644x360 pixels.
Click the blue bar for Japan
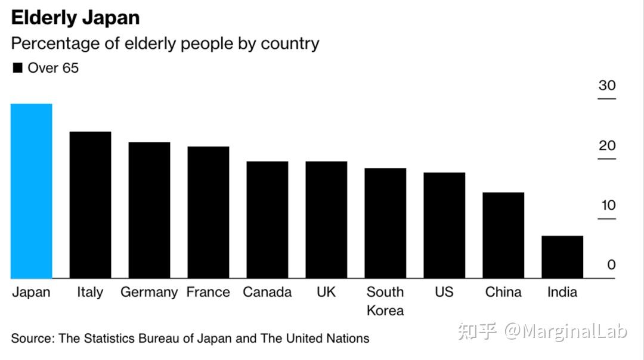(x=32, y=191)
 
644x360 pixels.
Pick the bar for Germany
(x=150, y=210)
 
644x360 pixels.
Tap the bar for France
(x=209, y=212)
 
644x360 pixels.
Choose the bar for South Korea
(x=385, y=223)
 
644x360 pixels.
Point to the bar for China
(x=503, y=235)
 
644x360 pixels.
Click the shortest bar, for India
(x=562, y=257)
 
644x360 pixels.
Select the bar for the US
(x=444, y=225)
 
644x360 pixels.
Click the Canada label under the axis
(x=267, y=292)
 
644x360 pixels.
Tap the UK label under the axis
(x=326, y=292)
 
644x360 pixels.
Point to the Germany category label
(x=149, y=292)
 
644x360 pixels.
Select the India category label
(x=562, y=292)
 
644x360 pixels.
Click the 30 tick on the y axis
(x=607, y=85)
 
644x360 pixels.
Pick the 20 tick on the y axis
(x=607, y=146)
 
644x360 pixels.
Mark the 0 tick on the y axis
(x=611, y=265)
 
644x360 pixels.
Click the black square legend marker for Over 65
(x=17, y=68)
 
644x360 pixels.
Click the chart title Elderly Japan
(x=75, y=18)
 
